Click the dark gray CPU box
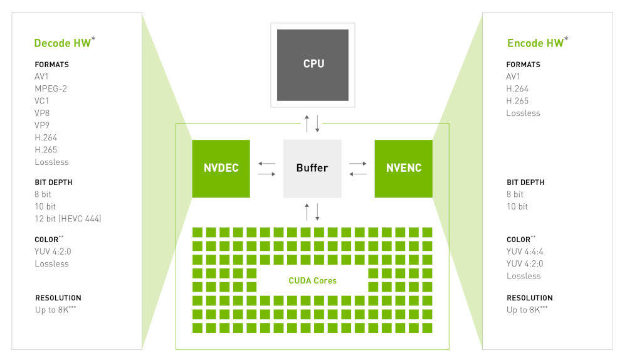point(313,65)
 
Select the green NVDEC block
point(221,169)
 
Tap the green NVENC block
point(403,169)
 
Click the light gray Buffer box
point(312,169)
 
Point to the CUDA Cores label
point(313,280)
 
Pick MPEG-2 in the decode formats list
point(51,88)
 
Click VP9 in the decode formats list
point(42,125)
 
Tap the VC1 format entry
point(41,101)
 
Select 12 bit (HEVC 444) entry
point(68,218)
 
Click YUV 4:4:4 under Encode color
point(525,251)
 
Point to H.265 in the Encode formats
point(517,101)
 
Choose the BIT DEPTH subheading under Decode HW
point(53,183)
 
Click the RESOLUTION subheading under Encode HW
point(530,298)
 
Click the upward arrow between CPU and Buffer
point(307,124)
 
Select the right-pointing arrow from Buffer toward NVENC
point(358,163)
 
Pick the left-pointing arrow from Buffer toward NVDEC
point(266,163)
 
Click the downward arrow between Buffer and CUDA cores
point(317,212)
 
